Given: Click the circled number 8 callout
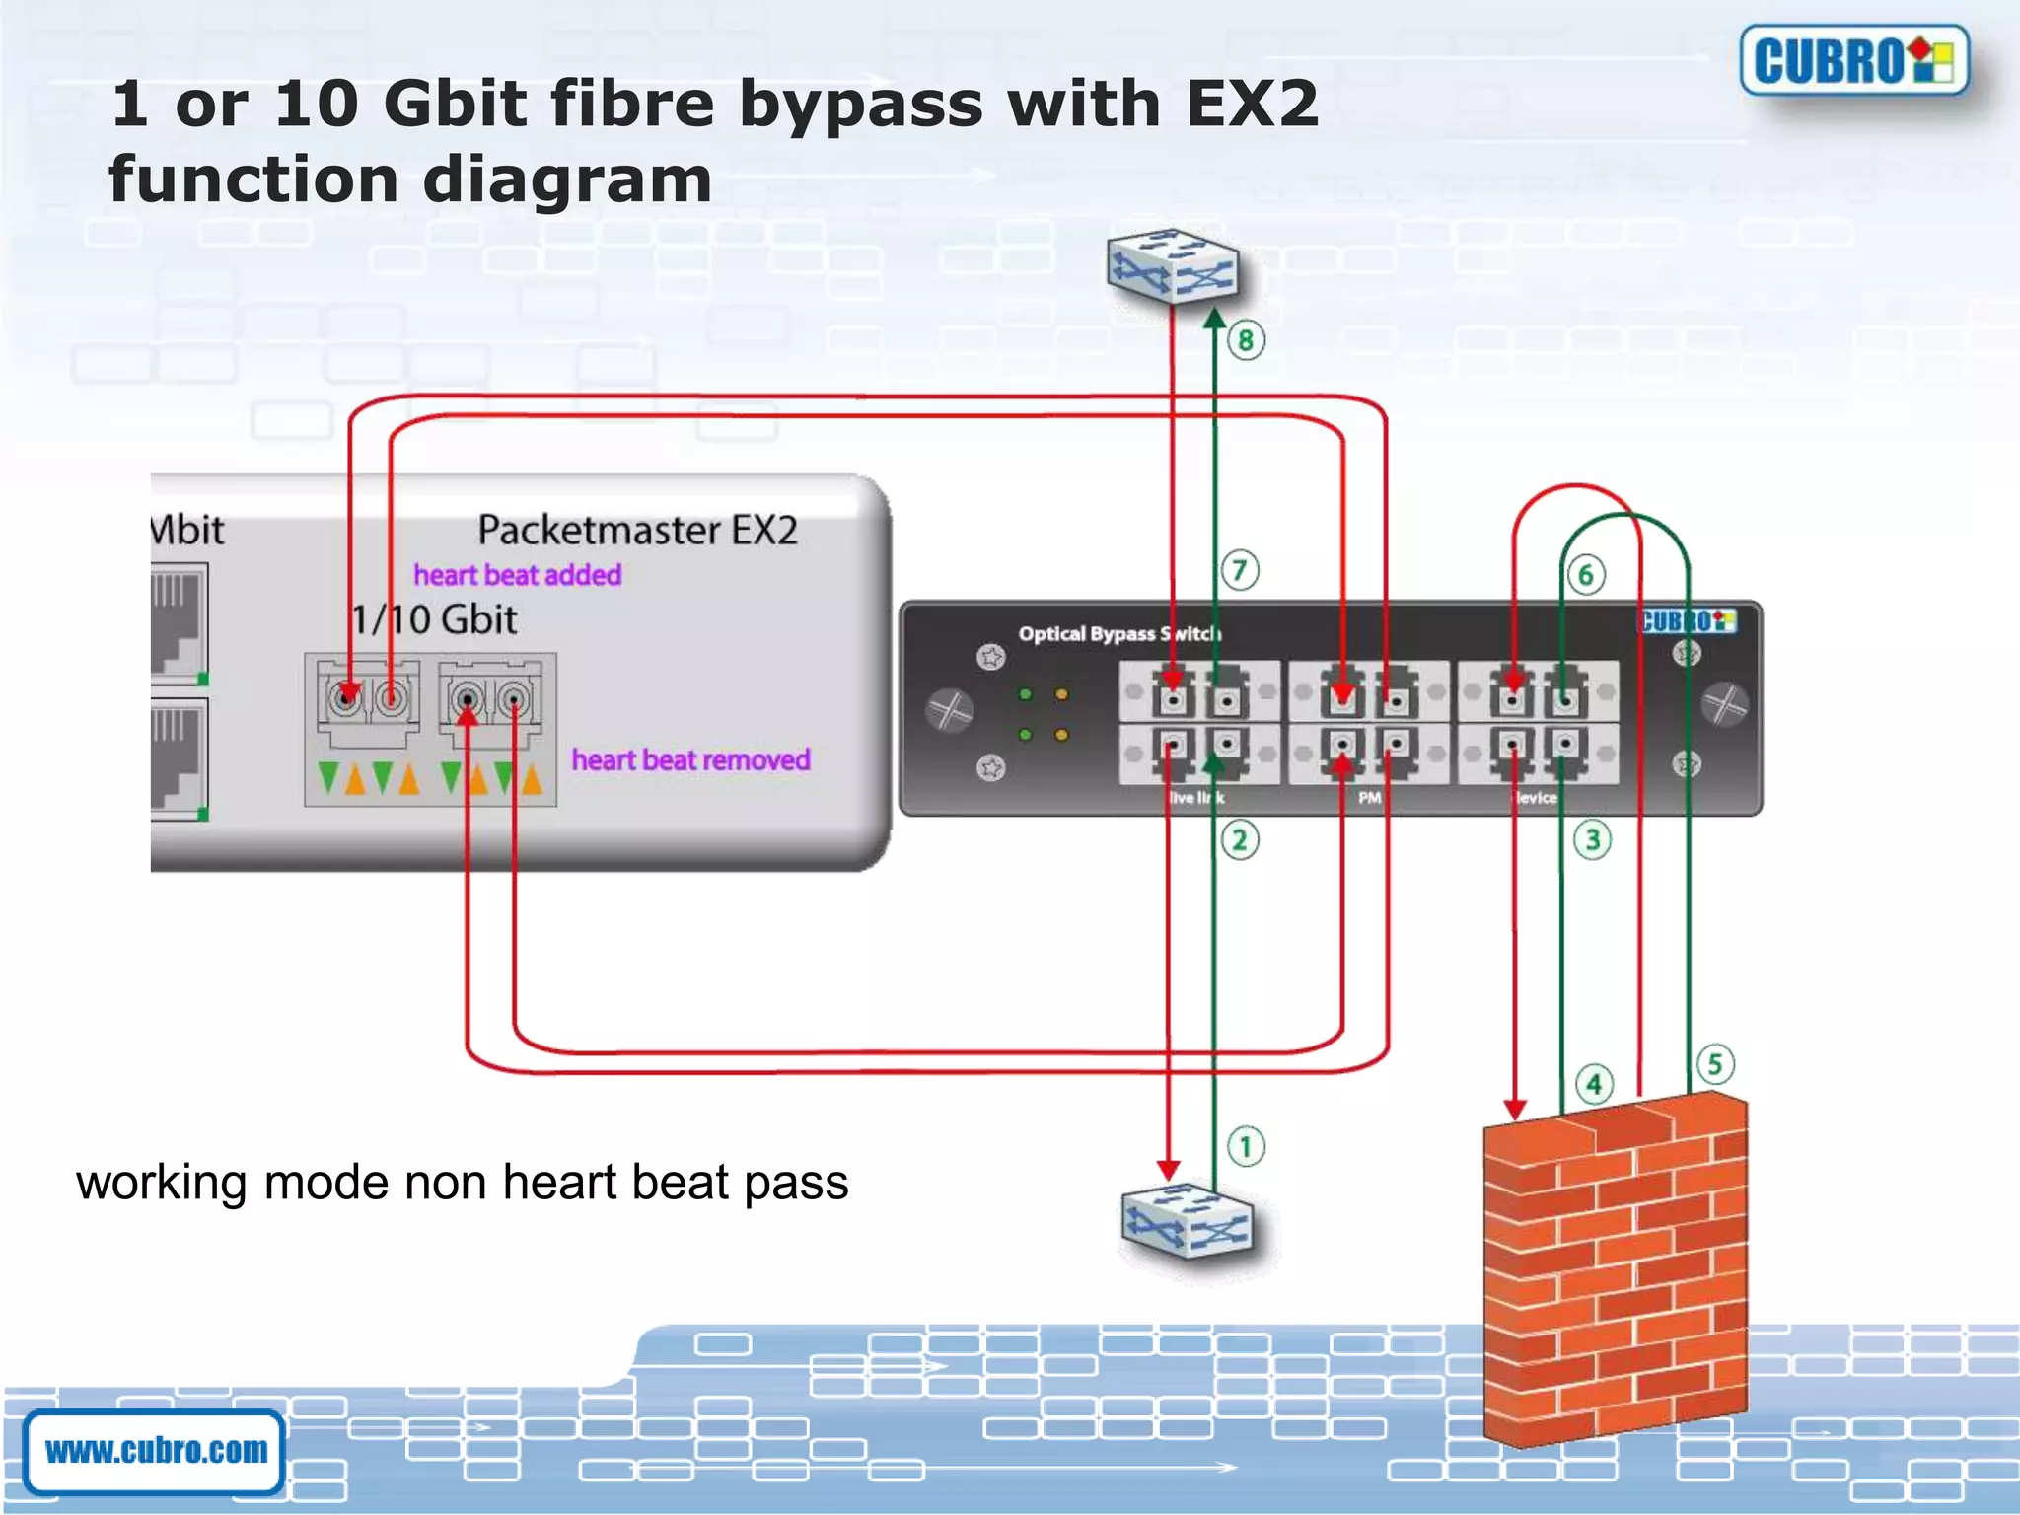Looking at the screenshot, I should pyautogui.click(x=1246, y=340).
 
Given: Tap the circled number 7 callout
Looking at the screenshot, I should pyautogui.click(x=1240, y=570).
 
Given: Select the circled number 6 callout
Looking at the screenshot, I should pyautogui.click(x=1586, y=574).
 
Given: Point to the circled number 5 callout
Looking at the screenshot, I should pyautogui.click(x=1716, y=1064).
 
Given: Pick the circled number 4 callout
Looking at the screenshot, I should pyautogui.click(x=1594, y=1084).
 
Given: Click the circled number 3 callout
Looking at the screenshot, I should pyautogui.click(x=1592, y=840).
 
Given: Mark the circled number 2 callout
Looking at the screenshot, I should pyautogui.click(x=1240, y=840).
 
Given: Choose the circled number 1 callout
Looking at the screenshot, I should pyautogui.click(x=1246, y=1146).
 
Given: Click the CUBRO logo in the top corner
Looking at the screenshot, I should pyautogui.click(x=1853, y=61).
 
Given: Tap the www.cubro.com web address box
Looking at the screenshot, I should pyautogui.click(x=156, y=1451).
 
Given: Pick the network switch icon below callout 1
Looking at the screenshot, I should pyautogui.click(x=1188, y=1221).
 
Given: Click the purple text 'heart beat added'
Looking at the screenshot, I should pyautogui.click(x=517, y=575).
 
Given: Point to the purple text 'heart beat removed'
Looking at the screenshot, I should pyautogui.click(x=690, y=760).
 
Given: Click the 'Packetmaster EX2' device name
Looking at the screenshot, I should pyautogui.click(x=637, y=531).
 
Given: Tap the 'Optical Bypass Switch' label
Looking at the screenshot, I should pyautogui.click(x=1119, y=633).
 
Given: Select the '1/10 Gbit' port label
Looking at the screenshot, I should pyautogui.click(x=434, y=619).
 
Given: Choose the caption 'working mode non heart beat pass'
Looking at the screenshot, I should pyautogui.click(x=462, y=1182).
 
